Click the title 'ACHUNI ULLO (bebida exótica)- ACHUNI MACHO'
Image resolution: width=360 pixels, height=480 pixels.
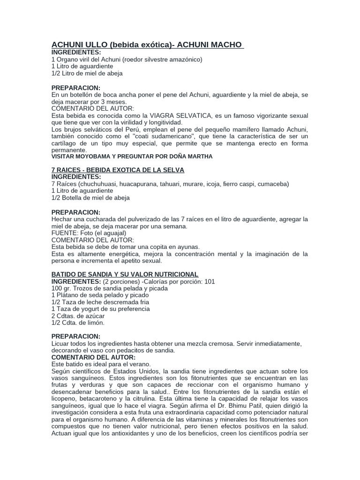click(x=147, y=45)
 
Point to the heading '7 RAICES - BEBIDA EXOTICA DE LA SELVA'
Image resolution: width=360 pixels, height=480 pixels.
click(x=118, y=169)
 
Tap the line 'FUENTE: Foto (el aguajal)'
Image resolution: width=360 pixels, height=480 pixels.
click(x=89, y=233)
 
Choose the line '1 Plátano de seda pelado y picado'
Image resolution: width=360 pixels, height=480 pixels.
click(x=100, y=295)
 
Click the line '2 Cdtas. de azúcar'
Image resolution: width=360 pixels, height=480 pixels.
click(x=78, y=316)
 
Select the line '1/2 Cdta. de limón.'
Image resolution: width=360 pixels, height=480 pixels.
click(x=78, y=323)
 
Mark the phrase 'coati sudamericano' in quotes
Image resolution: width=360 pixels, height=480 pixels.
click(x=156, y=135)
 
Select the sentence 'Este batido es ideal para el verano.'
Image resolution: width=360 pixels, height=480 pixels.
click(x=101, y=364)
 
